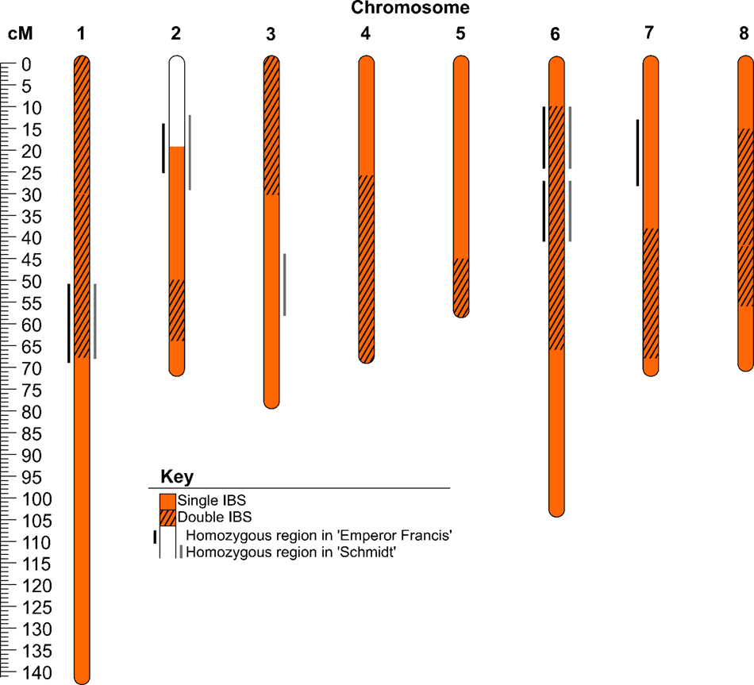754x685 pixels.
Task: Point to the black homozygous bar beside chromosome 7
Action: (637, 152)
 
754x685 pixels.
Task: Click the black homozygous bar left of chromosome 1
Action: (69, 323)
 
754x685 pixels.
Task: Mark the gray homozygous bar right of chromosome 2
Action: (190, 152)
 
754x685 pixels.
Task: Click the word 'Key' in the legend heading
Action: (176, 477)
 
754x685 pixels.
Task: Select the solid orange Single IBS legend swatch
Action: (167, 501)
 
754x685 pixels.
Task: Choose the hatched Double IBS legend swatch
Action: (167, 518)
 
